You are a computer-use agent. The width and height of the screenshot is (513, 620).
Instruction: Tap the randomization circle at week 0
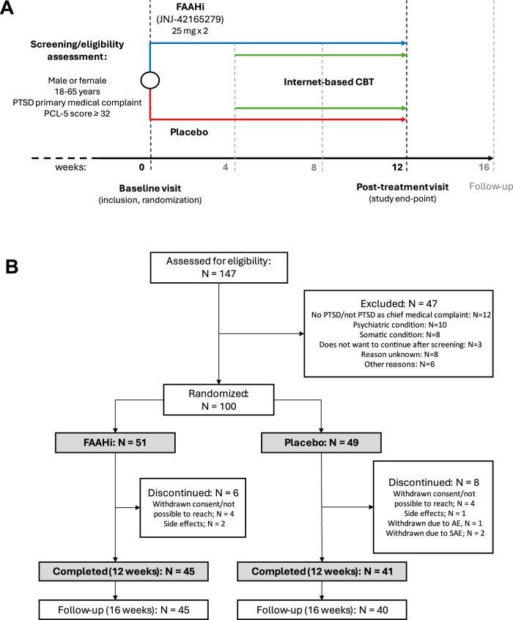[x=150, y=79]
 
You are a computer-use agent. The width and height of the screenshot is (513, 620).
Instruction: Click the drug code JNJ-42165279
[x=189, y=20]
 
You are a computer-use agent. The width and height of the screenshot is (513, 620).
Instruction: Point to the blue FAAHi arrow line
[x=278, y=43]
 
